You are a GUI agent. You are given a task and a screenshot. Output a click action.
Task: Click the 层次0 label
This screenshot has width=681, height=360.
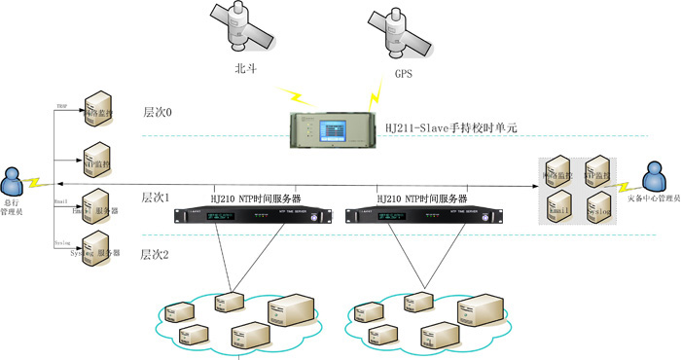157,112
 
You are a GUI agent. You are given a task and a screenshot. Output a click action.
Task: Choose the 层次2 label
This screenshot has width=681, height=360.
156,255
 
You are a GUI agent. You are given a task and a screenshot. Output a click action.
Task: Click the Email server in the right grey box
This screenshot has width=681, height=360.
558,205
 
